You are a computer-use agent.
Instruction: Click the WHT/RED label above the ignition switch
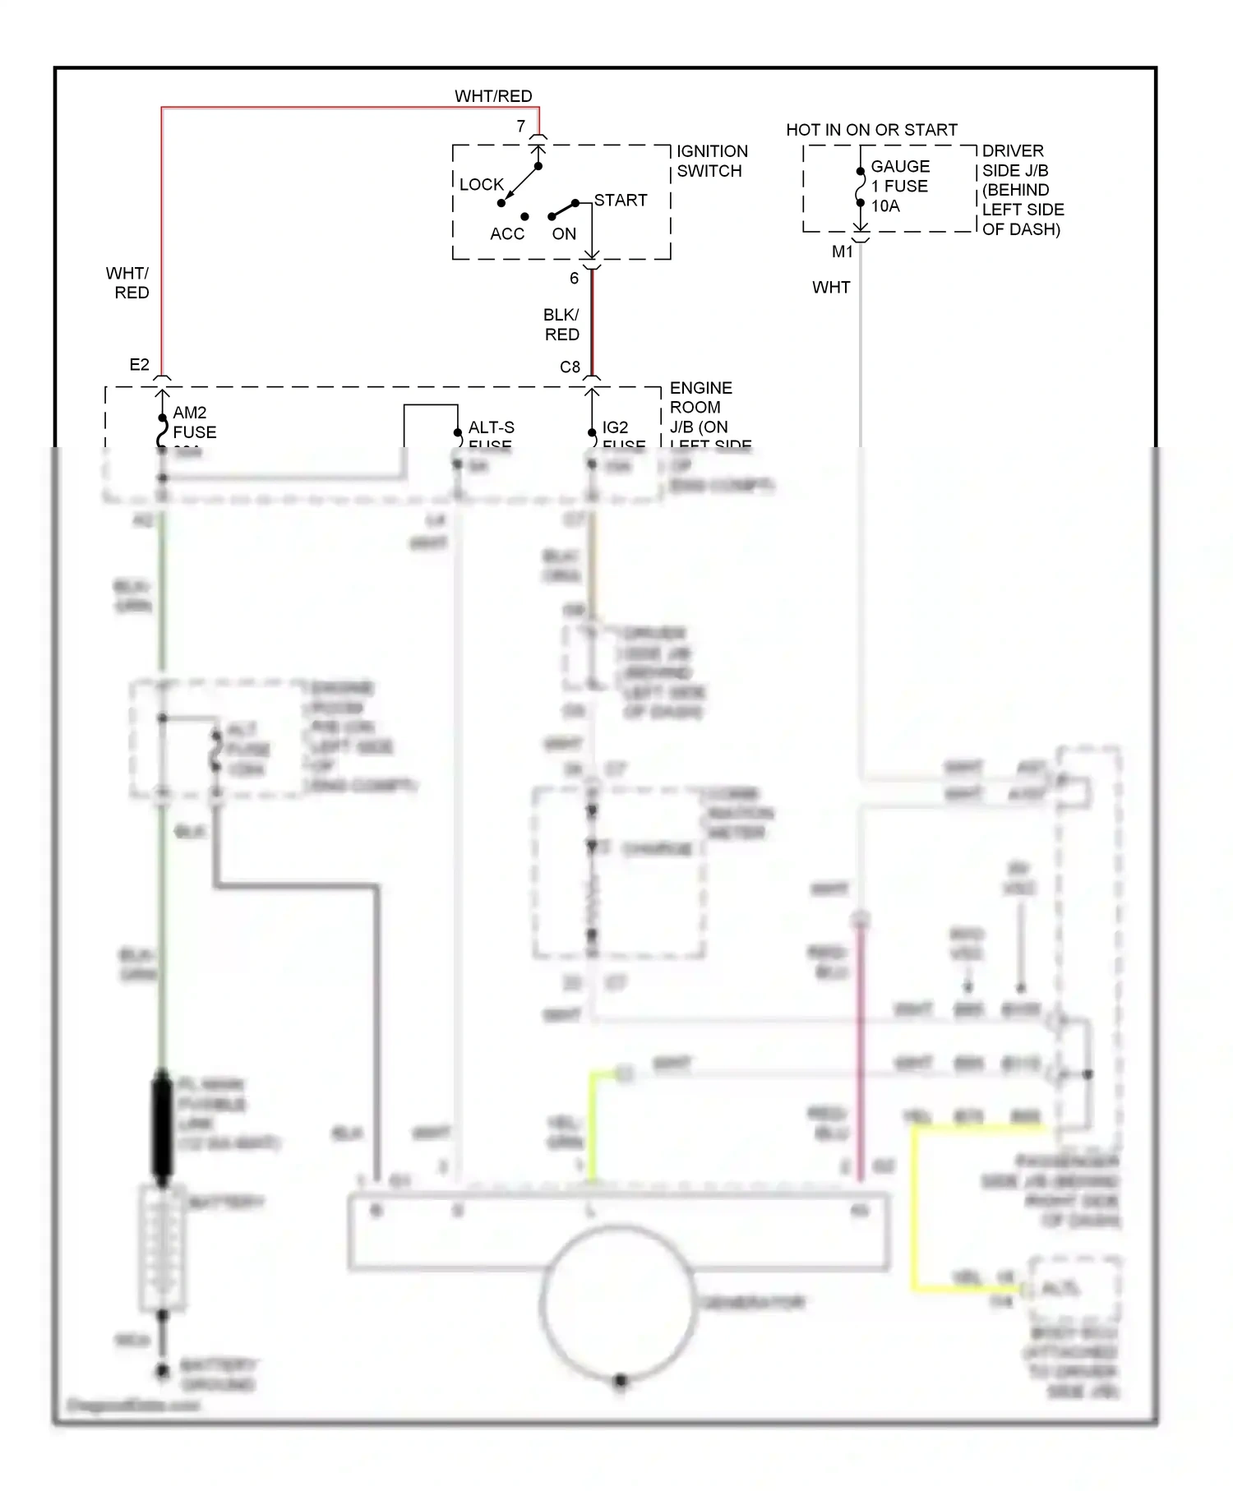[x=493, y=96]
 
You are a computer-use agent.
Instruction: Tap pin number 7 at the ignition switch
[x=520, y=126]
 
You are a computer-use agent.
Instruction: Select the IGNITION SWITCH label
[x=712, y=161]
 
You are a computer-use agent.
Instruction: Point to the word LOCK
[x=481, y=184]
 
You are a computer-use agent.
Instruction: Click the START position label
[x=621, y=200]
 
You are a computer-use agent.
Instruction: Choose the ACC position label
[x=506, y=233]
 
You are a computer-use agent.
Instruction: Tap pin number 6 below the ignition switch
[x=574, y=278]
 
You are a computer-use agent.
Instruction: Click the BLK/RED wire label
[x=561, y=325]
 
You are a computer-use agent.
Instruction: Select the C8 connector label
[x=570, y=367]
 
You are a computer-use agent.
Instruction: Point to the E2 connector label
[x=139, y=364]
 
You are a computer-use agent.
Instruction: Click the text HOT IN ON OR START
[x=871, y=130]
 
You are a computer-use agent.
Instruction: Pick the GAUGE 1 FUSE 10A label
[x=899, y=186]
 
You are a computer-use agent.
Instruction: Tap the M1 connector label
[x=842, y=252]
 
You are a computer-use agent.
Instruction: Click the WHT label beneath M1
[x=830, y=287]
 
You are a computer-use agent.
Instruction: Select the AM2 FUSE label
[x=194, y=422]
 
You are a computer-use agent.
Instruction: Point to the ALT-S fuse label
[x=491, y=428]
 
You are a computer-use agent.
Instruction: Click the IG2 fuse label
[x=616, y=428]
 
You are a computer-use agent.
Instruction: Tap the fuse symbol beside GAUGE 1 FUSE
[x=860, y=188]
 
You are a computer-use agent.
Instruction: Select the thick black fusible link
[x=162, y=1126]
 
